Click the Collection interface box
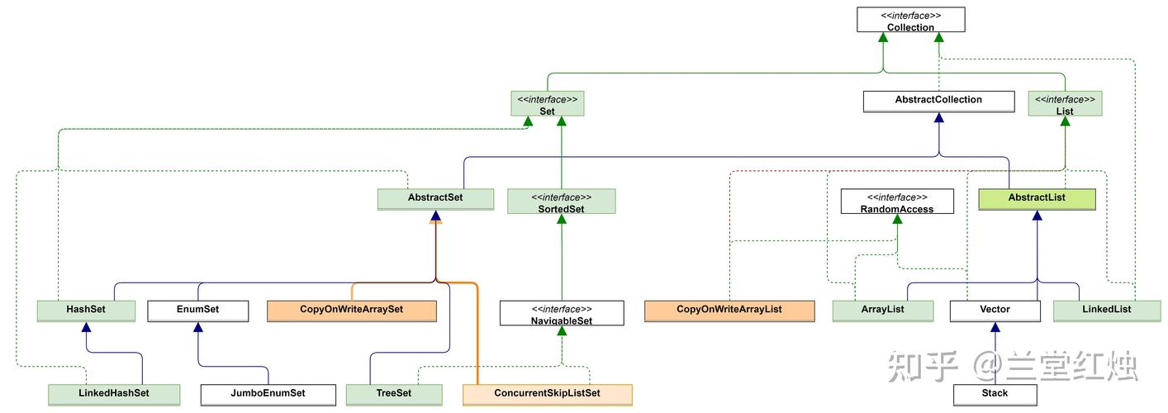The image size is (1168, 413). (910, 21)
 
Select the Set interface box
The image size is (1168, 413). (547, 104)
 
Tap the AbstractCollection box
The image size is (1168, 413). (938, 101)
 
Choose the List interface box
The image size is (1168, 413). (1065, 104)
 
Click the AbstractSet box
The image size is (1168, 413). (435, 199)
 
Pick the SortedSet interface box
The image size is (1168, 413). (561, 202)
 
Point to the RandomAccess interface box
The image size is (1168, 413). (896, 202)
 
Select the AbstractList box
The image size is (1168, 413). (1037, 199)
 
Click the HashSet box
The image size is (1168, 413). (86, 310)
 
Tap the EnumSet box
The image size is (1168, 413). (197, 310)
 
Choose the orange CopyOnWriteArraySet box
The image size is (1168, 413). (351, 310)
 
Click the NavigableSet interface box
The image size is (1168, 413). (561, 313)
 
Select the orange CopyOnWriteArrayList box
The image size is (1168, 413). (729, 310)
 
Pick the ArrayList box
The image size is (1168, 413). (883, 310)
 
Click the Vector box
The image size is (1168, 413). (995, 310)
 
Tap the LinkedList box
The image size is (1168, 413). (1106, 310)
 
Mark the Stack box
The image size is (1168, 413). (995, 394)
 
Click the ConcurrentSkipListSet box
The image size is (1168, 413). (547, 394)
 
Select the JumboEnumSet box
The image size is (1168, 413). (268, 394)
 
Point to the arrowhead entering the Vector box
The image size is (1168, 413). (995, 328)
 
